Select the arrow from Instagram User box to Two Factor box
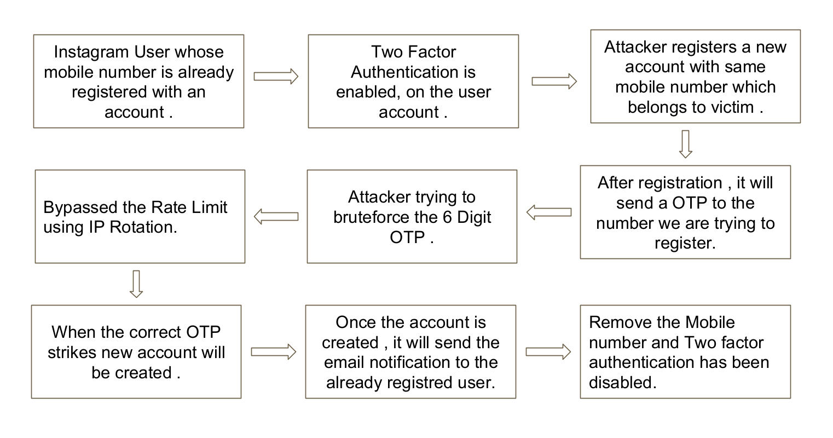click(x=276, y=76)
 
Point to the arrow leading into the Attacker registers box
click(x=554, y=81)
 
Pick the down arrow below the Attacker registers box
click(x=685, y=144)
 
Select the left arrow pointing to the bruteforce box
click(x=549, y=212)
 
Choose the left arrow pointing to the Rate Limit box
click(x=276, y=217)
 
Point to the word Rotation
click(x=143, y=227)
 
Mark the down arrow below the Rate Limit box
click(x=136, y=284)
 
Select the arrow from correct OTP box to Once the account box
click(x=273, y=351)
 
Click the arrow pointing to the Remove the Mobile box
click(x=548, y=351)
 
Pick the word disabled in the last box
click(x=622, y=383)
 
